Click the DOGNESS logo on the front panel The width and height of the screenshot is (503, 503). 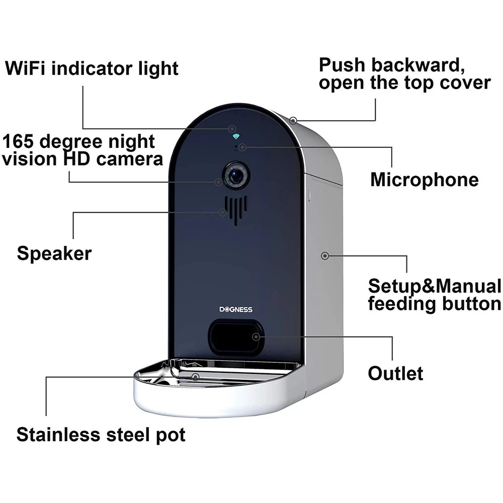236,309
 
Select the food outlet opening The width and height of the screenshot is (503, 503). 235,336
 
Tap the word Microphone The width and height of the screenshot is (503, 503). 424,180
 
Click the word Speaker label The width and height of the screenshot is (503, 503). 54,253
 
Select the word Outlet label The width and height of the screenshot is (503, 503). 395,373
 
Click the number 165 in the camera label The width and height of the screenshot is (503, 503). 19,141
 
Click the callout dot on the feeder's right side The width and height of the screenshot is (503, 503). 325,256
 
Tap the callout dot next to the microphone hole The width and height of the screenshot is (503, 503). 242,147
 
